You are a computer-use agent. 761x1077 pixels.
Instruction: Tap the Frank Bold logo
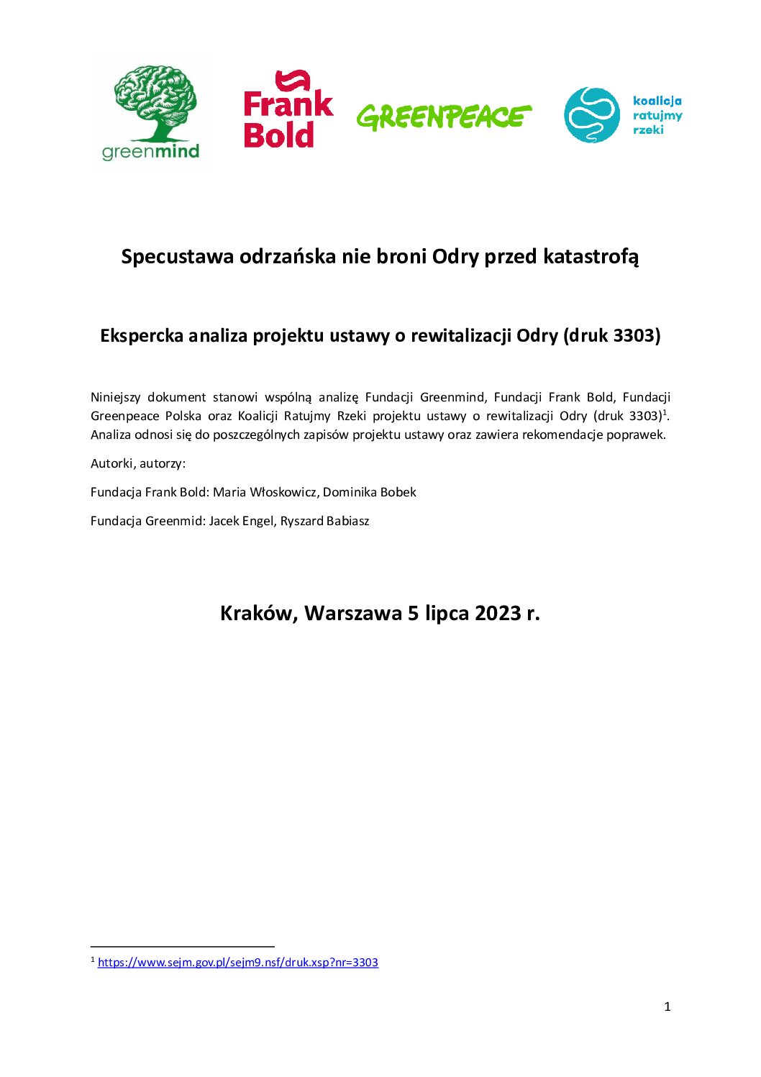click(288, 110)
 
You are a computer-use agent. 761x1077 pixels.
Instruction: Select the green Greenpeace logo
click(444, 117)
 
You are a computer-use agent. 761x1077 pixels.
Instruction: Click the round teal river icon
click(591, 115)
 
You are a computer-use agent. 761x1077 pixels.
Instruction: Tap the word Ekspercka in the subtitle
click(142, 335)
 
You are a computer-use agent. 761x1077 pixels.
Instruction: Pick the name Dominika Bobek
click(370, 492)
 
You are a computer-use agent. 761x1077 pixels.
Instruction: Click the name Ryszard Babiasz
click(324, 521)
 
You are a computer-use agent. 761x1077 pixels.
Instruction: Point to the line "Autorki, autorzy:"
click(138, 463)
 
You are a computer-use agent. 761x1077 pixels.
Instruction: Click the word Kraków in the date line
click(258, 613)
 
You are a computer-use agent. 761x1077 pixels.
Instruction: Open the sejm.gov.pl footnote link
click(237, 963)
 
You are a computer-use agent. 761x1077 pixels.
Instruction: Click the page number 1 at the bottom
click(667, 1006)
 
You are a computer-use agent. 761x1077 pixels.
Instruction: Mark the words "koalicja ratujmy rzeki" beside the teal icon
click(657, 115)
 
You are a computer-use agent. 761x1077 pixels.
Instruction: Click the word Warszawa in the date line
click(352, 613)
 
